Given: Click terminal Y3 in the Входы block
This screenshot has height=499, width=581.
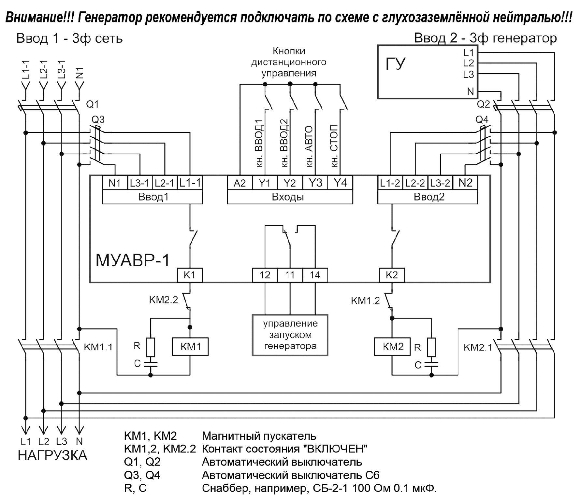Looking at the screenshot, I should coord(315,183).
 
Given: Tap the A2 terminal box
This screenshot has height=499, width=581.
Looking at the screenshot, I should coord(240,183).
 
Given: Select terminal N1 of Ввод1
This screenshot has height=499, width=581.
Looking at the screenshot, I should coord(114,183).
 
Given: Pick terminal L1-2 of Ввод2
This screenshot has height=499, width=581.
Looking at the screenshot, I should coord(390,183).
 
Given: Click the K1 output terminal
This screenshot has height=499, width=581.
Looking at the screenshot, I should coord(190,275).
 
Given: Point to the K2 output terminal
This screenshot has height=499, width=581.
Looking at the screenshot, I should coord(392,275).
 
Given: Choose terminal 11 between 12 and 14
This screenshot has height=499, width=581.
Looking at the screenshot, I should coord(290,275).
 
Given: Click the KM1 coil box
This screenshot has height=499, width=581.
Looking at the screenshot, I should coord(190,347).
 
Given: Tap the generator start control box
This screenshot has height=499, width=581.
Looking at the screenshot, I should coord(290,335).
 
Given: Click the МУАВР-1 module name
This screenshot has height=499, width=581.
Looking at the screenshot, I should coord(133,260).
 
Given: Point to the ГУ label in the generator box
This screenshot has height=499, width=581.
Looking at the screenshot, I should coord(396,64).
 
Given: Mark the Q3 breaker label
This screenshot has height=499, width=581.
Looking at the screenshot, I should coord(98,120).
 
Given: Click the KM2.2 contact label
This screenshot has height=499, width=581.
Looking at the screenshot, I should coord(163,300).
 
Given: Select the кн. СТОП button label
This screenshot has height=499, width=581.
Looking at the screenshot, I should coord(334,146).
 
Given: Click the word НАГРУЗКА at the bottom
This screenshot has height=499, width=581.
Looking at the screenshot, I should coord(52,455).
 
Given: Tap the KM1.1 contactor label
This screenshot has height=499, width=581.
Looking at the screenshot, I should coord(98,347).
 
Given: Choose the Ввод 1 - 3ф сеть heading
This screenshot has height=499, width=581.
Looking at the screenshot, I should coord(69,39).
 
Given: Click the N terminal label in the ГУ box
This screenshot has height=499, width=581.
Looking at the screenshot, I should coord(470,92).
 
